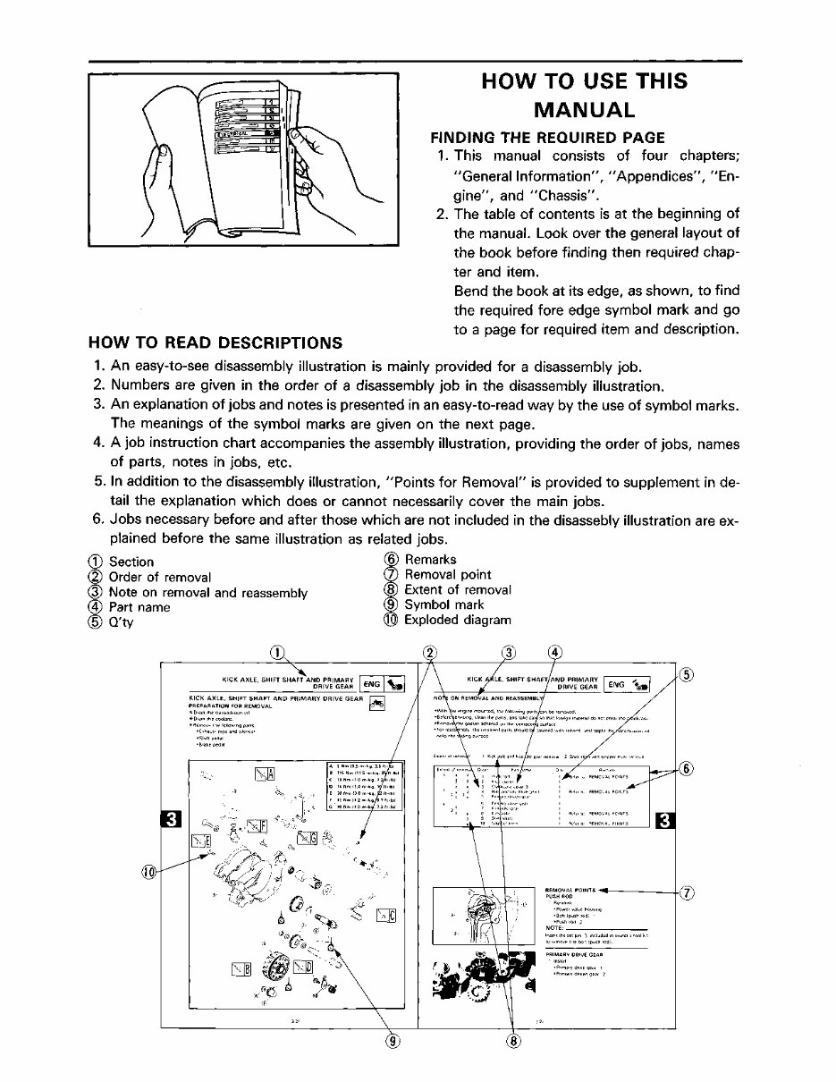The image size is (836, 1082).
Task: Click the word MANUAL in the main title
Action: coord(585,110)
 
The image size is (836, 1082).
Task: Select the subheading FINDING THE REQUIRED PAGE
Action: coord(548,138)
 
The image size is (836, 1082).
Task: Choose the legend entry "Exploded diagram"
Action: coord(457,620)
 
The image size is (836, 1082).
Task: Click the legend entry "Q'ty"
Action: coord(121,621)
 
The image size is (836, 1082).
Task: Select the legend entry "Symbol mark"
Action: coord(444,604)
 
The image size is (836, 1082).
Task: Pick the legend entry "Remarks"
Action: coord(430,560)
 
